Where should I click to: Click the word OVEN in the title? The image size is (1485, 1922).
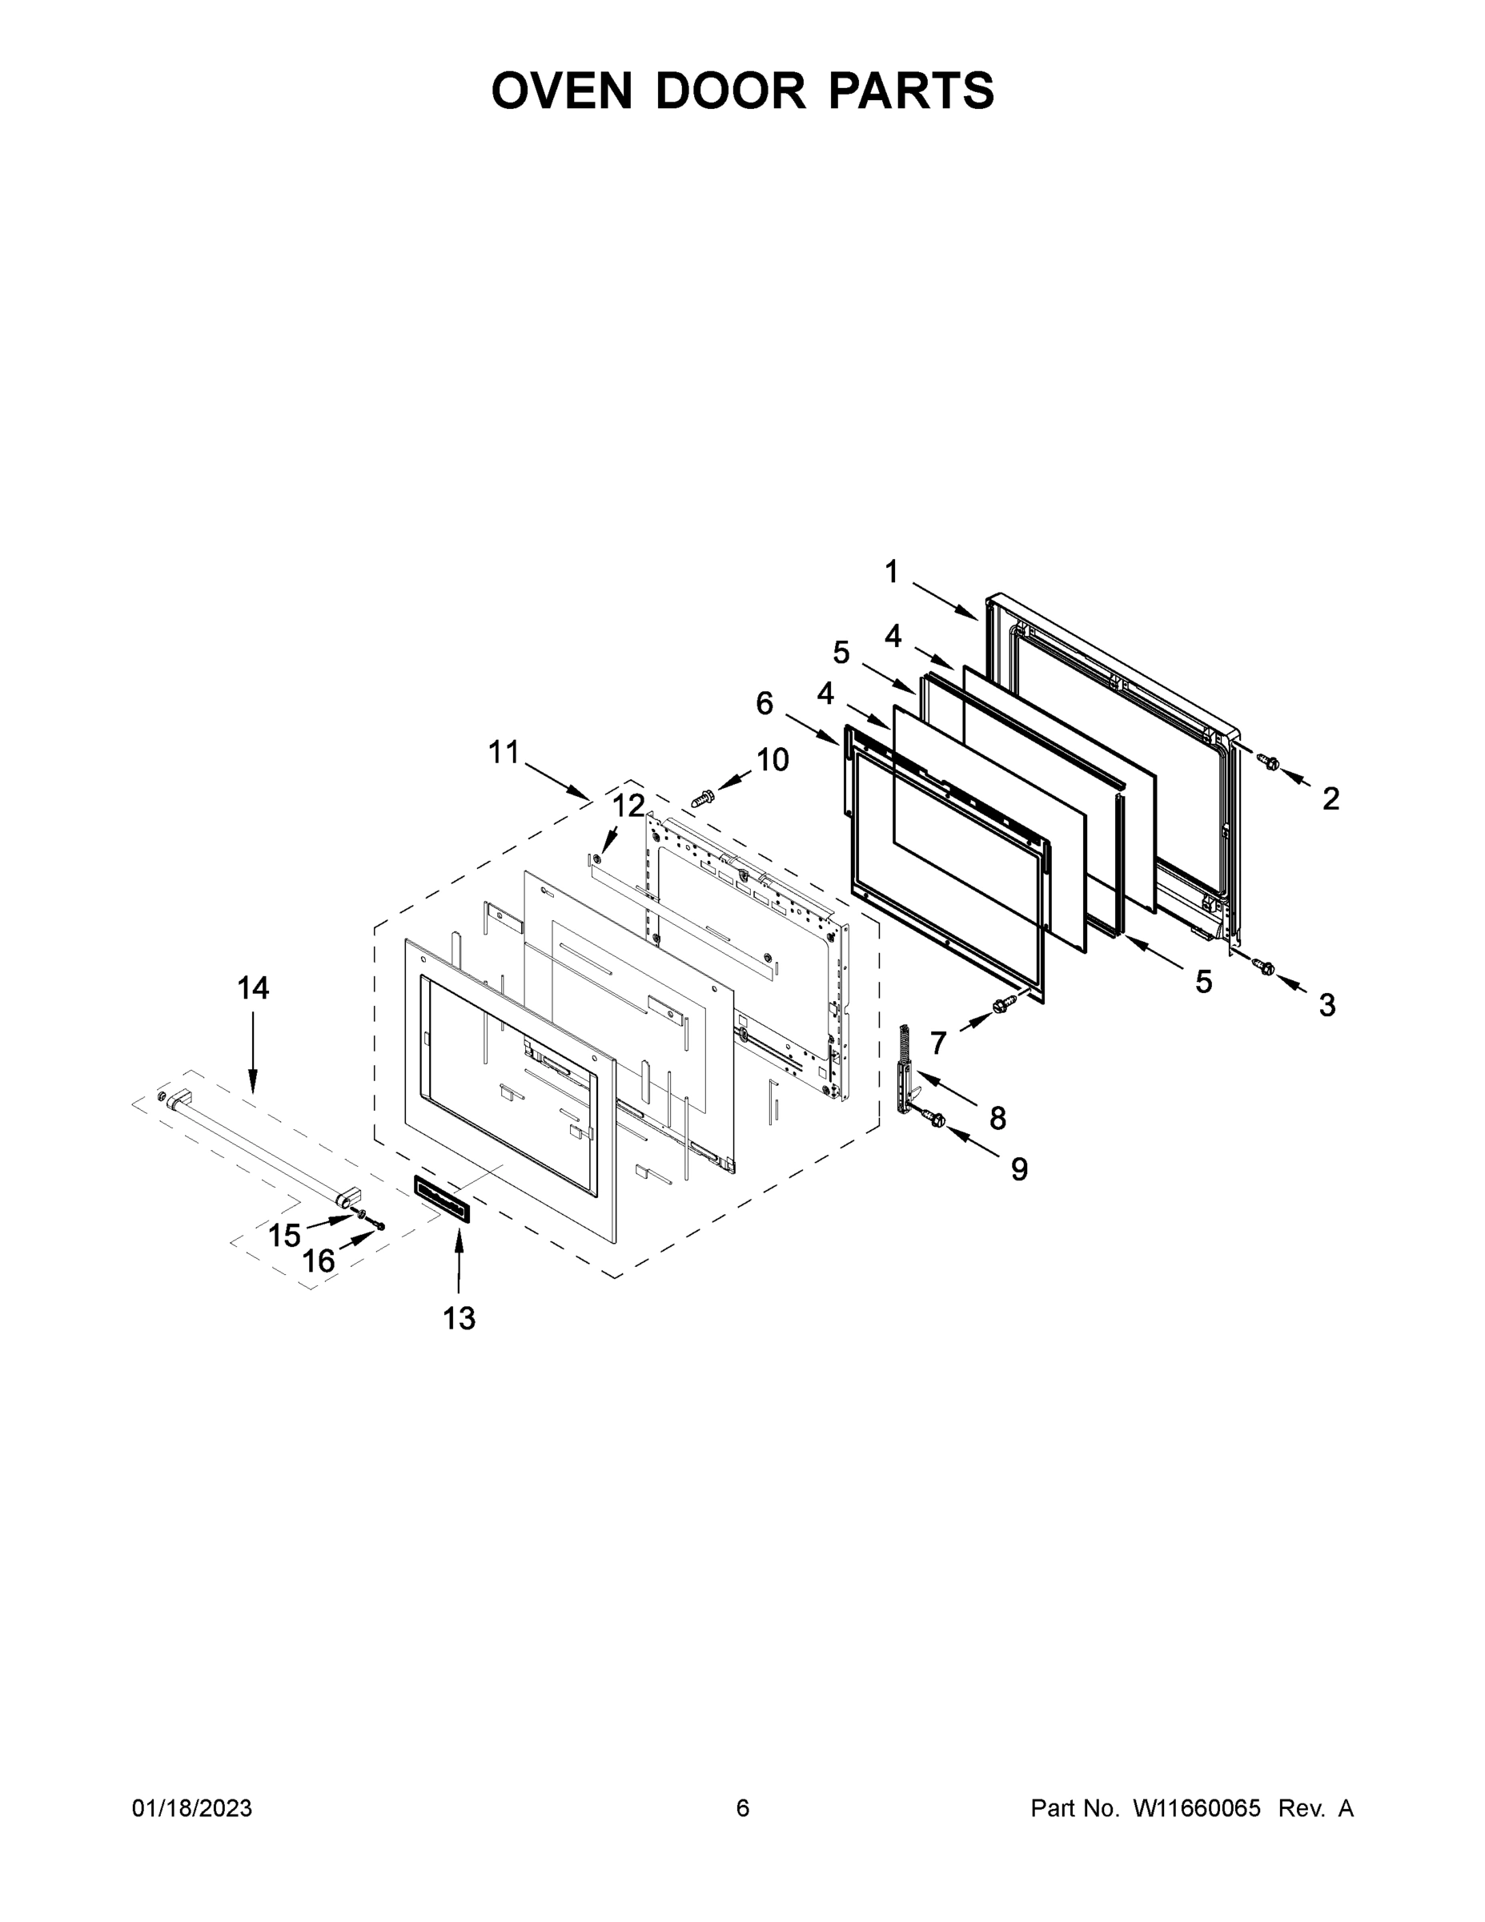[561, 90]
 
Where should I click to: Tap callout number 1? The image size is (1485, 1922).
[891, 572]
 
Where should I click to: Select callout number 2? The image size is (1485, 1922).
[1331, 798]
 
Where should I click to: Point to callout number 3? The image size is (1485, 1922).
[1326, 1004]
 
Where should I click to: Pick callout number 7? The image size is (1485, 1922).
[937, 1043]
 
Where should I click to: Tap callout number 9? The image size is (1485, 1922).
[1019, 1168]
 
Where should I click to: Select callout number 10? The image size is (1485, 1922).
[773, 759]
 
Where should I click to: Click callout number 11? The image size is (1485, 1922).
[504, 753]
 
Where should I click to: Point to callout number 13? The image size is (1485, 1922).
[459, 1318]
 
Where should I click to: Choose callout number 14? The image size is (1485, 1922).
[252, 988]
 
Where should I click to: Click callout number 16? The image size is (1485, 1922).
[319, 1261]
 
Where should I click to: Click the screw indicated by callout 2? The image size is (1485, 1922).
[1269, 763]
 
